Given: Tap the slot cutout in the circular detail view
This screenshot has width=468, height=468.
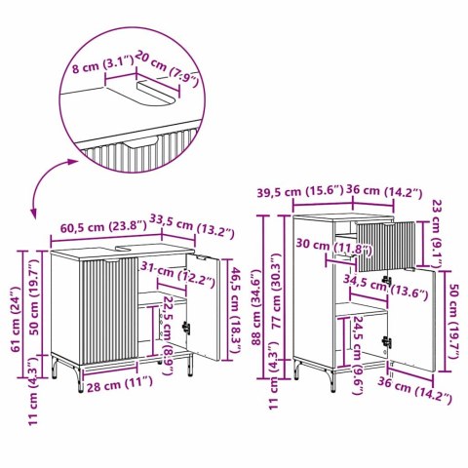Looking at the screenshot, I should [x=156, y=93].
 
